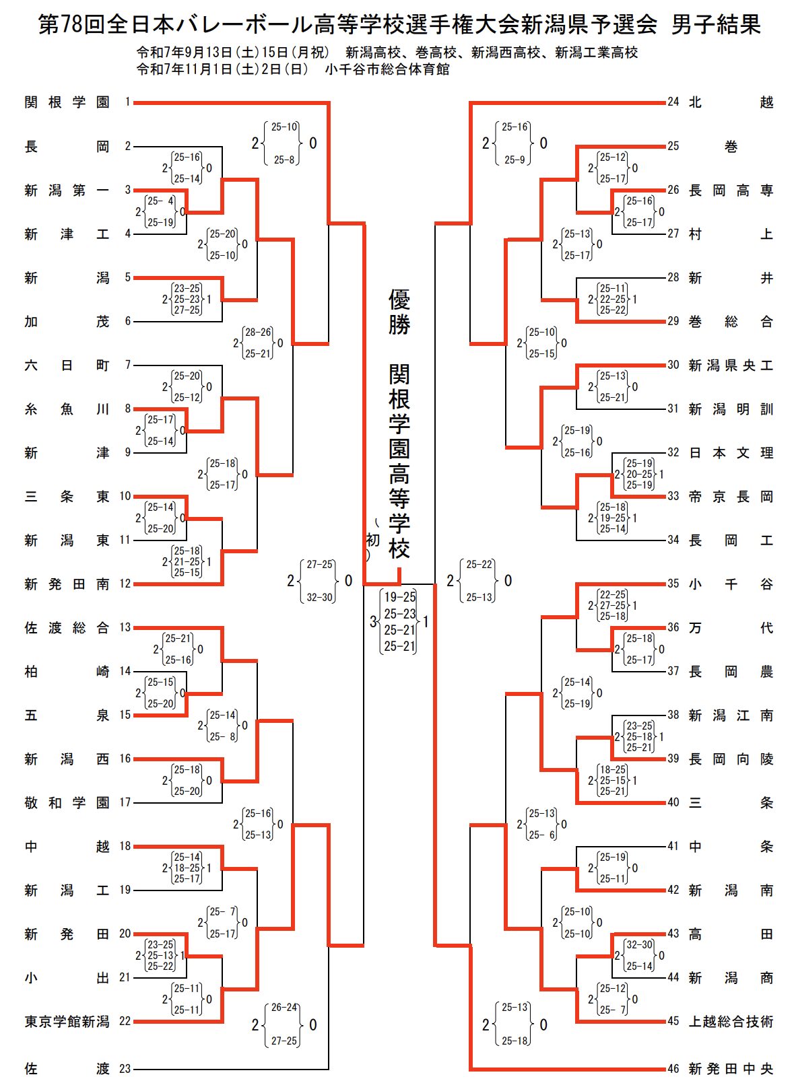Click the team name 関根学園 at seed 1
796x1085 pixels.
coord(67,102)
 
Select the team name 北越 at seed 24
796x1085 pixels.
coord(731,102)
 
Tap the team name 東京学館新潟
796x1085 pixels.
coord(67,1022)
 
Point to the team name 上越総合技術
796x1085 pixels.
coord(731,1022)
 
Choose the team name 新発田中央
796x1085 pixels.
coord(731,1069)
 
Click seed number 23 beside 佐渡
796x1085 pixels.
coord(125,1069)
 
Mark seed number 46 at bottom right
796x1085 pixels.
coord(673,1069)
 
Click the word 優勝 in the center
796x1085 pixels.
coord(399,312)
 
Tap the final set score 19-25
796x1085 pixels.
coord(400,597)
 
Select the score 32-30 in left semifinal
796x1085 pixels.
coord(320,597)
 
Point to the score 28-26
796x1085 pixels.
coord(259,332)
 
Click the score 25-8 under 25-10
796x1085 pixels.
coord(284,160)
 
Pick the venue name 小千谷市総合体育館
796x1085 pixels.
coord(387,69)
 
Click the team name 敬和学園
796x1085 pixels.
coord(67,803)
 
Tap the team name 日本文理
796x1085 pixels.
coord(731,453)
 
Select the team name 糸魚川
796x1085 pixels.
coord(67,409)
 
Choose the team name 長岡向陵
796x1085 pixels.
coord(731,759)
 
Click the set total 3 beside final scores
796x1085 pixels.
coord(373,622)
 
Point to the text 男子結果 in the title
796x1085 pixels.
coord(716,25)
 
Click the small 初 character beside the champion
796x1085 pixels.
coord(373,540)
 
